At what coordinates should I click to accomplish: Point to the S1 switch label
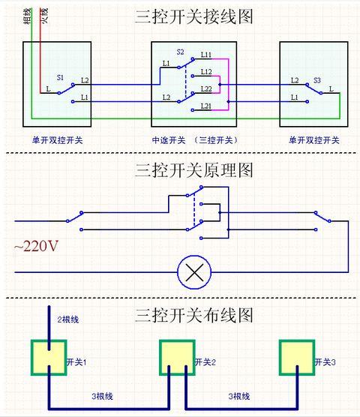(60, 78)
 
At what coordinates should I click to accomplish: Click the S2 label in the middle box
(180, 52)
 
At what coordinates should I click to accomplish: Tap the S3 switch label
(317, 79)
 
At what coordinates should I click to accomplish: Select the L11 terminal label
(206, 55)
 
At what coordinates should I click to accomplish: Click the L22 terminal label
(206, 89)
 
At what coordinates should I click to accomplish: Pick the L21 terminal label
(206, 107)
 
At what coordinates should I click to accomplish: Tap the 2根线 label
(68, 319)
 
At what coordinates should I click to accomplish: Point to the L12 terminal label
(206, 72)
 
